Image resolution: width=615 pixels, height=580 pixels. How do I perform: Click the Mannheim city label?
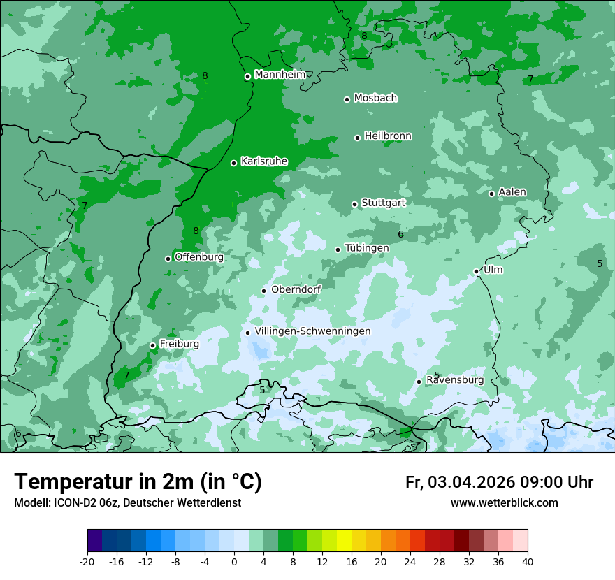[280, 75]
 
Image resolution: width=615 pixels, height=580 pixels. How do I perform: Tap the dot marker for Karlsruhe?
[233, 163]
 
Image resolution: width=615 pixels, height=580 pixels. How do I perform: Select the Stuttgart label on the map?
[383, 203]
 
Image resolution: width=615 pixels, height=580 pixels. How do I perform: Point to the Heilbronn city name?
[388, 136]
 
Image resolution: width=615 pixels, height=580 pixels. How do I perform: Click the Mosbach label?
[375, 99]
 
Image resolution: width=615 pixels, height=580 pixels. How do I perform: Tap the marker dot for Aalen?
[491, 194]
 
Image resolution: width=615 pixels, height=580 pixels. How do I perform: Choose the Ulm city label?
[493, 270]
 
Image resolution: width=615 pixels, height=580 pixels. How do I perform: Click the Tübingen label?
[367, 248]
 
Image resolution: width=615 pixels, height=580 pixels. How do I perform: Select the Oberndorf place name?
[296, 289]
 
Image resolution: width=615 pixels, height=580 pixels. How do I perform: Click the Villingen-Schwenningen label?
[312, 331]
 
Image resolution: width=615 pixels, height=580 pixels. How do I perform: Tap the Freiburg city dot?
[152, 345]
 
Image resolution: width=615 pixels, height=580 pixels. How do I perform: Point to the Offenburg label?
[199, 257]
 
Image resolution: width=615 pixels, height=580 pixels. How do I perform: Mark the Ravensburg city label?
[455, 380]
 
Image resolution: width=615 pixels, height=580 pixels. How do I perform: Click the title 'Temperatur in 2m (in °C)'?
[138, 482]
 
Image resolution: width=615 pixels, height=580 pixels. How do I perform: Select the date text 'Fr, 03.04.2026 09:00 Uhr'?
[499, 482]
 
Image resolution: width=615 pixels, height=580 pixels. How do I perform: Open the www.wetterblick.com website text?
[504, 502]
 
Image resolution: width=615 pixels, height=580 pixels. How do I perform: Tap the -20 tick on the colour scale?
[87, 561]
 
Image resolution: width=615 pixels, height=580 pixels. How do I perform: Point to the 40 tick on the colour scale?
[528, 561]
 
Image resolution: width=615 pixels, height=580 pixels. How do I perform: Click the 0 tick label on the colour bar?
[234, 561]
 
